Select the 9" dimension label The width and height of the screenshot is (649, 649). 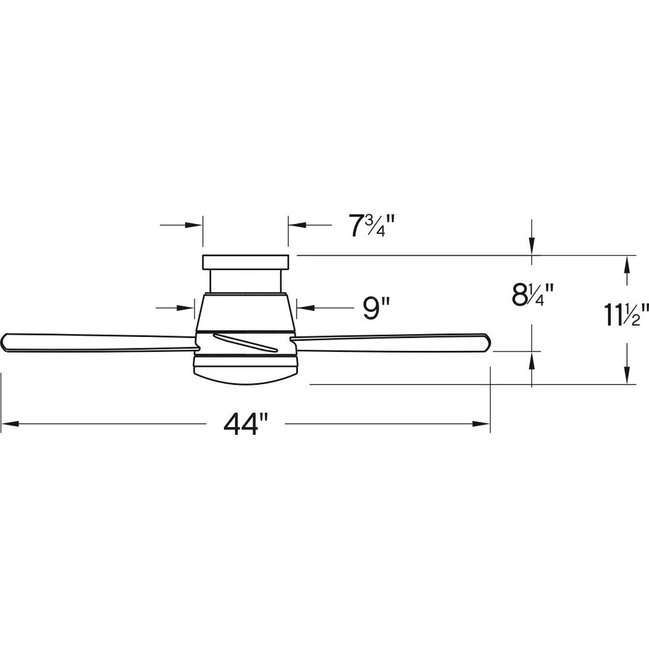click(x=376, y=308)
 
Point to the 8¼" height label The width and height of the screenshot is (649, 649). click(x=532, y=295)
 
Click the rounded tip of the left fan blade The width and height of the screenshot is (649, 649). click(x=5, y=342)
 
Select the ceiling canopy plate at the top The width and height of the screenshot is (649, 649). click(x=245, y=262)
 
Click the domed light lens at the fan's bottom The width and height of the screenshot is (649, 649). click(x=245, y=376)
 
